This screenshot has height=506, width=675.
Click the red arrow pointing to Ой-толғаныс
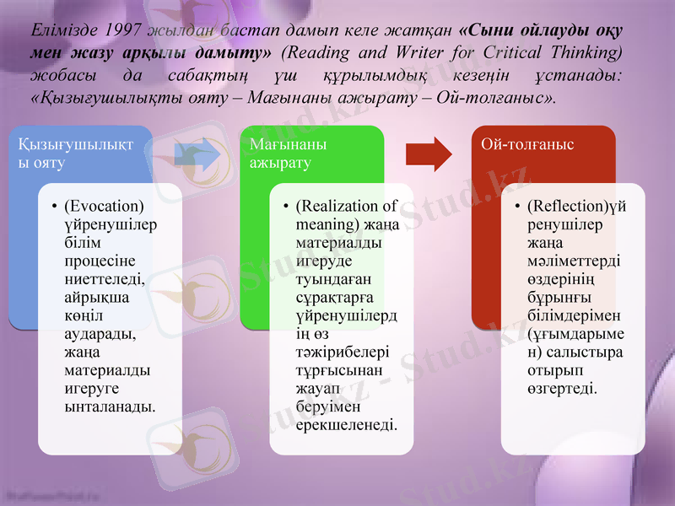(x=429, y=154)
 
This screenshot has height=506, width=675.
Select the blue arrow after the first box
(x=197, y=154)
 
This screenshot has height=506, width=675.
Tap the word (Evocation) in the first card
(x=104, y=207)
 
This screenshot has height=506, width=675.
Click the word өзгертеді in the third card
(x=562, y=389)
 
